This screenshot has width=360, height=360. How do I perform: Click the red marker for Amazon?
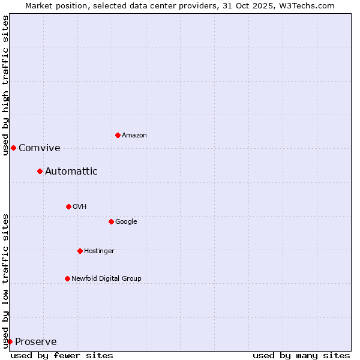click(x=118, y=135)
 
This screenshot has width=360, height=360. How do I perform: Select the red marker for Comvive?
click(x=13, y=148)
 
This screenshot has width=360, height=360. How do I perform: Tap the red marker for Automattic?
click(x=40, y=171)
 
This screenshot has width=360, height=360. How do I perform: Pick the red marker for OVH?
click(x=68, y=206)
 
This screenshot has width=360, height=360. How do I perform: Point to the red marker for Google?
click(x=111, y=221)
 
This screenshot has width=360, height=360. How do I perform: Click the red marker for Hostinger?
click(x=80, y=251)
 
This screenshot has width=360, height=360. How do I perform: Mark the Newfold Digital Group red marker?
click(x=67, y=278)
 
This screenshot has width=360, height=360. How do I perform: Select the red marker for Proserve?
click(x=10, y=341)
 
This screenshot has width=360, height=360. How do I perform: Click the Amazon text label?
click(x=134, y=136)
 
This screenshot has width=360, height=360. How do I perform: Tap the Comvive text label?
click(x=40, y=148)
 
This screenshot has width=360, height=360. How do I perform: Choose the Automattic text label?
click(x=71, y=172)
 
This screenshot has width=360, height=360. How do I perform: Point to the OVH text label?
click(x=80, y=207)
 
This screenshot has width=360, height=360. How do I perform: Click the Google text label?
click(x=126, y=222)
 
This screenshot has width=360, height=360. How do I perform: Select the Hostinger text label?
click(x=99, y=251)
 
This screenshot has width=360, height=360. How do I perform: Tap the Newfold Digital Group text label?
click(x=106, y=279)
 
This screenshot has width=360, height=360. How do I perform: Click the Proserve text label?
click(x=36, y=342)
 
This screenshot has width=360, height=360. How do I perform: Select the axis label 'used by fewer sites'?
click(x=62, y=355)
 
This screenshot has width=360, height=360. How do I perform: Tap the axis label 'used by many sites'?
click(x=301, y=355)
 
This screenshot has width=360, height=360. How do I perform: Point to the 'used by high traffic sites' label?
click(x=5, y=85)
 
